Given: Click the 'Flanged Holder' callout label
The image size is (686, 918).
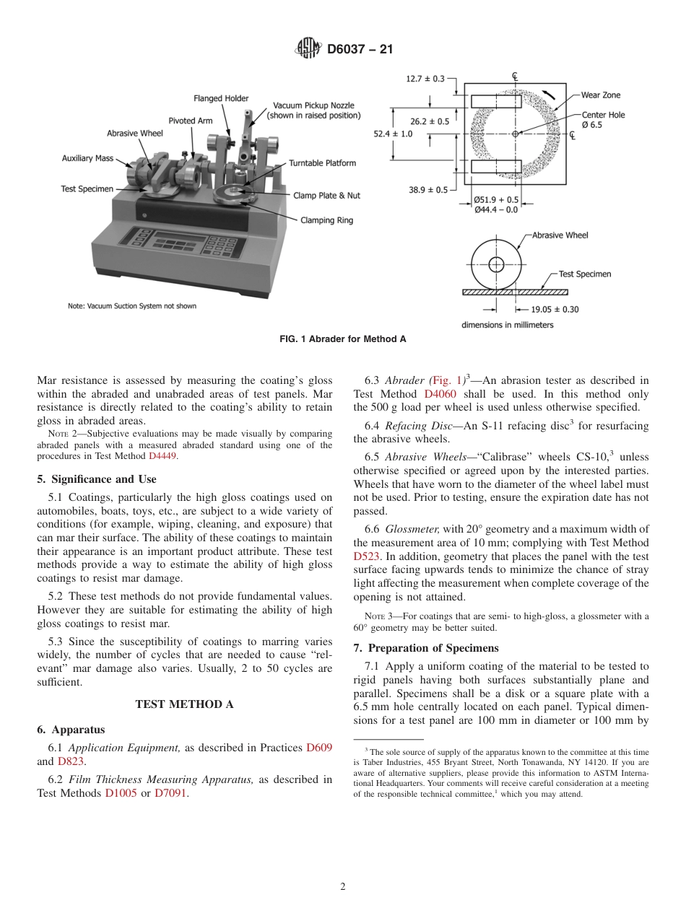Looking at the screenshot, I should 221,98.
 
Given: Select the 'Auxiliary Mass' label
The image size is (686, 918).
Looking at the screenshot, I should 86,158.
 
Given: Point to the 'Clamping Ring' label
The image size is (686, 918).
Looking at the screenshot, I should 326,220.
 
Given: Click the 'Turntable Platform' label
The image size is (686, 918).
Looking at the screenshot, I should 322,163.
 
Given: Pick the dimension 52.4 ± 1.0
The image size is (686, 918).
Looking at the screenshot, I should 393,134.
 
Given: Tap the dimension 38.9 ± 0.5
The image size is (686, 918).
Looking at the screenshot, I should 427,190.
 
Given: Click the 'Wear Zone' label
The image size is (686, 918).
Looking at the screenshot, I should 600,95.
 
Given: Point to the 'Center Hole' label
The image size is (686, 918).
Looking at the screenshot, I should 603,115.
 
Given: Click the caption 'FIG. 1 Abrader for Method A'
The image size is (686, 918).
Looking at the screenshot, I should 343,339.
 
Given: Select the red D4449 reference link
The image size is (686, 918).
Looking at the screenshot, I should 162,456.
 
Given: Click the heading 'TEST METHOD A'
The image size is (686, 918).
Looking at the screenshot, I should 184,704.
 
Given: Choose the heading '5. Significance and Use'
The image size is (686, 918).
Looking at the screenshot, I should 96,478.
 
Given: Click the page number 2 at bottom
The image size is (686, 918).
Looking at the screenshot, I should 342,887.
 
